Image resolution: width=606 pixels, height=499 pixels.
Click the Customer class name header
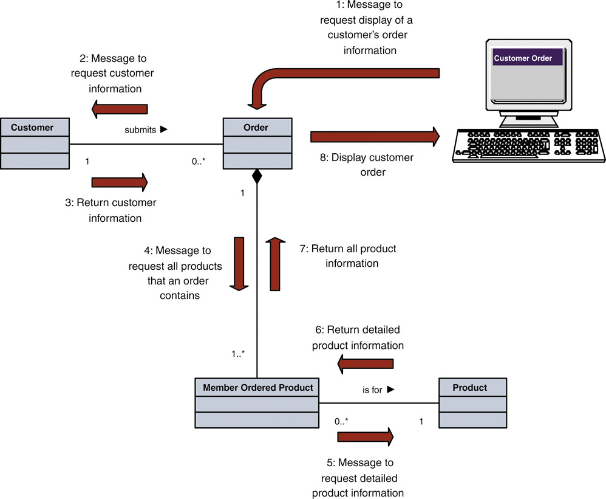[33, 128]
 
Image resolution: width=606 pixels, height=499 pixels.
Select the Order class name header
[256, 128]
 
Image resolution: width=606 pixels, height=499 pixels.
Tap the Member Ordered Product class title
[257, 388]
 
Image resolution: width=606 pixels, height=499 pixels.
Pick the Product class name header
[470, 388]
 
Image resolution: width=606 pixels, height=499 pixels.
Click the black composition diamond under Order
[257, 177]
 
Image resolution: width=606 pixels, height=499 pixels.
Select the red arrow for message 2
[120, 109]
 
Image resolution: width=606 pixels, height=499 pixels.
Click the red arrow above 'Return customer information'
[120, 181]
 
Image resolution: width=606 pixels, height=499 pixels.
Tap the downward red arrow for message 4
[239, 263]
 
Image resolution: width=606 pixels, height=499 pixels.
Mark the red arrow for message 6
[366, 364]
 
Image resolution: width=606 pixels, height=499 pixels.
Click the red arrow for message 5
[366, 436]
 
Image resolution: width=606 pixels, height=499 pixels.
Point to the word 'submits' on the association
[141, 129]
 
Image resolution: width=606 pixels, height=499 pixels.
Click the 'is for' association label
[373, 390]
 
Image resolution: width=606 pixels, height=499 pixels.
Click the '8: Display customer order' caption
[366, 165]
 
